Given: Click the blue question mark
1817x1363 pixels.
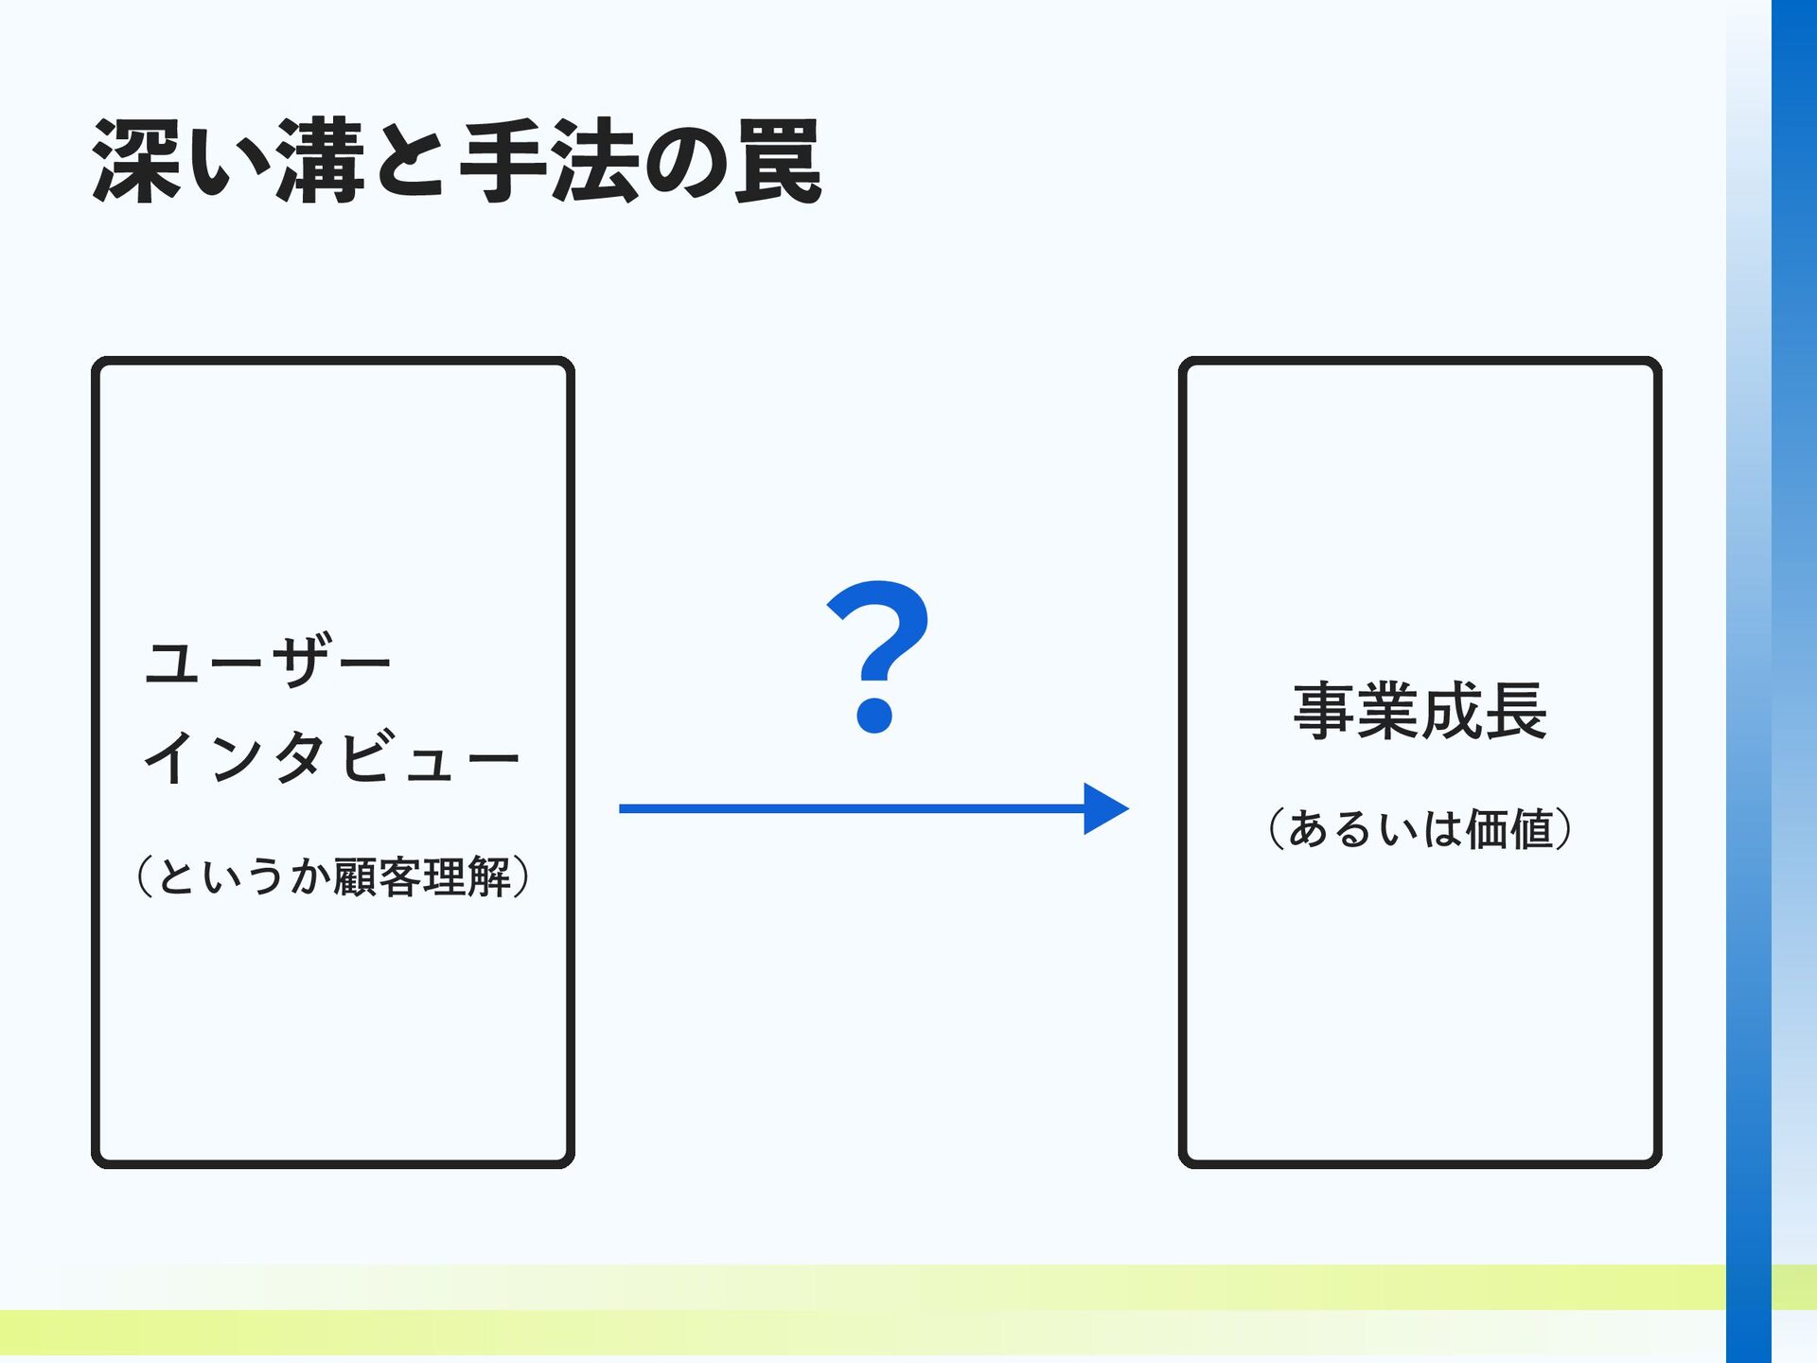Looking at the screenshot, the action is click(878, 656).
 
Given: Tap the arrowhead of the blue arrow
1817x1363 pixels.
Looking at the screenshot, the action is click(1106, 808).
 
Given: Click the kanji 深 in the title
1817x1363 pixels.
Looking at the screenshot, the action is click(137, 161).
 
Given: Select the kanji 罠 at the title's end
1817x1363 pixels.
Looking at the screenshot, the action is click(778, 161).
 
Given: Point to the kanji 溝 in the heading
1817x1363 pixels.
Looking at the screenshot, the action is click(320, 161).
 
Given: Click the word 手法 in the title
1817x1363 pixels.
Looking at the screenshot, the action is click(549, 161).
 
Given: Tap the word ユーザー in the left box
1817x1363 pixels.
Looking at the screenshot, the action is click(268, 661).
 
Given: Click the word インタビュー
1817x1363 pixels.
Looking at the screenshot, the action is click(331, 757).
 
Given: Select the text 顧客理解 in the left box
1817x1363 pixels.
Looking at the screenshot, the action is click(423, 876).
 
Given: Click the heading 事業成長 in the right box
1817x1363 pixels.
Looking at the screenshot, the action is click(1420, 711).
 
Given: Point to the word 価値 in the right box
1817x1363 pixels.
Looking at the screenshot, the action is click(1509, 828).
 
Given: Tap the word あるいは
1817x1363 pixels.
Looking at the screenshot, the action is click(1376, 828).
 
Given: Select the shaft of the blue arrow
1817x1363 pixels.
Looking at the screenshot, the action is click(852, 808).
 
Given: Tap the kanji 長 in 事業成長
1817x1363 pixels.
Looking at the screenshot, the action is click(1516, 711).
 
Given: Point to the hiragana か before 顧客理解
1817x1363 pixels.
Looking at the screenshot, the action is click(310, 876).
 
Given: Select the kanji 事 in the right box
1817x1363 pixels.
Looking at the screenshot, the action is click(1324, 711).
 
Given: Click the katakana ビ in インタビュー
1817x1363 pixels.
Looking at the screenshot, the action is click(365, 757).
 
